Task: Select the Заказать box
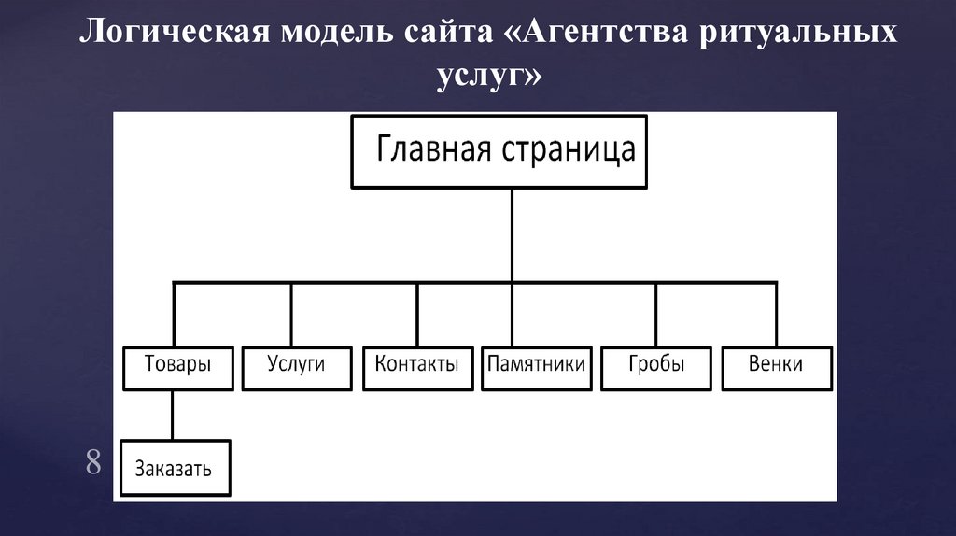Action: click(x=174, y=468)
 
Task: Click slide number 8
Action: click(x=92, y=461)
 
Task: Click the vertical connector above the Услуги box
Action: click(x=291, y=314)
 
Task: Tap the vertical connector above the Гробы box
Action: click(x=655, y=314)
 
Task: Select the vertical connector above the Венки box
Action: click(x=774, y=314)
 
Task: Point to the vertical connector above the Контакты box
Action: click(x=416, y=314)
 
